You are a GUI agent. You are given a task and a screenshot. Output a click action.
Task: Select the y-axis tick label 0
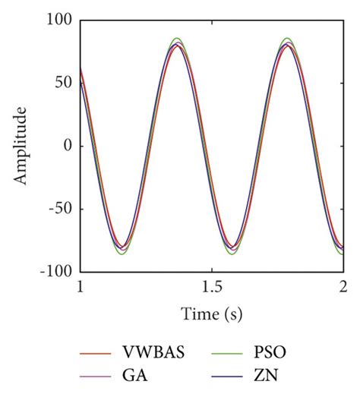tap(68, 146)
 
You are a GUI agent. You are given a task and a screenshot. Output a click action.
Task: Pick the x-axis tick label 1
tap(81, 286)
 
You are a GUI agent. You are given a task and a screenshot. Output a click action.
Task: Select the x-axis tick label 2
tap(343, 286)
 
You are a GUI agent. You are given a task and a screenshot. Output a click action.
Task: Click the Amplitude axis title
tap(21, 146)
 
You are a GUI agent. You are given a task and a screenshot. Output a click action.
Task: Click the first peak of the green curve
tap(177, 38)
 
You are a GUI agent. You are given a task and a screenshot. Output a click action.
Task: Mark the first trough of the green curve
tap(122, 254)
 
